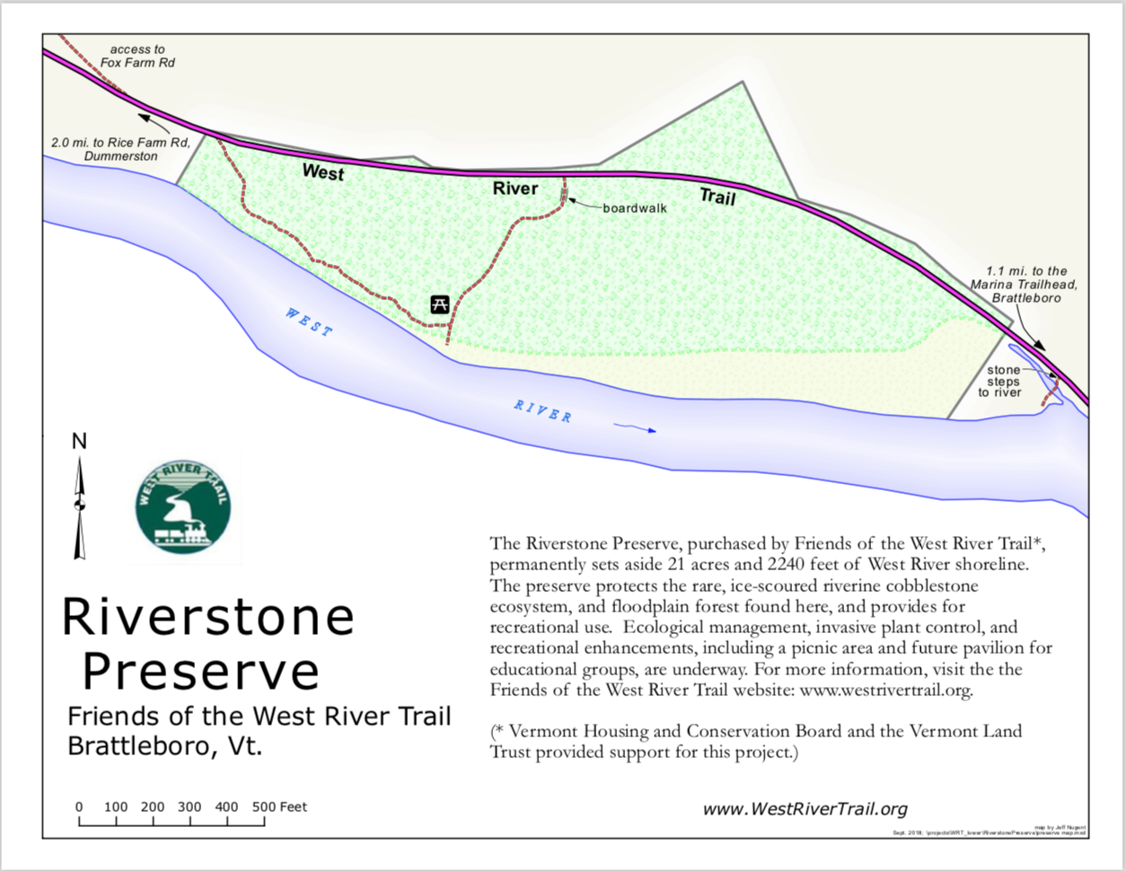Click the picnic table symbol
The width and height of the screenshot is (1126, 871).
click(x=439, y=304)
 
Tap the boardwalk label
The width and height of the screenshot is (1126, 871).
click(x=635, y=208)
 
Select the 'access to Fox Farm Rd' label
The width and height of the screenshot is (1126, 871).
click(x=137, y=56)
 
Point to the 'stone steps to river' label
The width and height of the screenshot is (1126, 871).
click(x=1001, y=381)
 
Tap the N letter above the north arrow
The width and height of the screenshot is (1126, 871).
click(x=79, y=441)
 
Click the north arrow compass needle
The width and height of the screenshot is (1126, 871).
click(x=80, y=508)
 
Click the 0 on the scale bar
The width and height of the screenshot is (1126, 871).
click(x=79, y=806)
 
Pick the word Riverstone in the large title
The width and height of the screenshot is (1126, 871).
click(x=207, y=617)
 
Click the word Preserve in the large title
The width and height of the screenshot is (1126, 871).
click(x=200, y=670)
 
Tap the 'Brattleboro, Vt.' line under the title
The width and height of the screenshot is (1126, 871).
click(x=165, y=746)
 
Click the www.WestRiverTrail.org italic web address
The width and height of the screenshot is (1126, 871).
click(x=805, y=809)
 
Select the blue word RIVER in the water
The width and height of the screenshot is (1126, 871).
click(x=543, y=411)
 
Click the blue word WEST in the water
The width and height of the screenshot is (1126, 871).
click(x=309, y=321)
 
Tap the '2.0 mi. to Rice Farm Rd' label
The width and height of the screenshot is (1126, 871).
click(x=121, y=149)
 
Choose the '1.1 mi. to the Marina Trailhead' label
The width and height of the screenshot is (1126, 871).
click(x=1025, y=284)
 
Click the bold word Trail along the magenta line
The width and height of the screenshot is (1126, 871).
click(x=717, y=196)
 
